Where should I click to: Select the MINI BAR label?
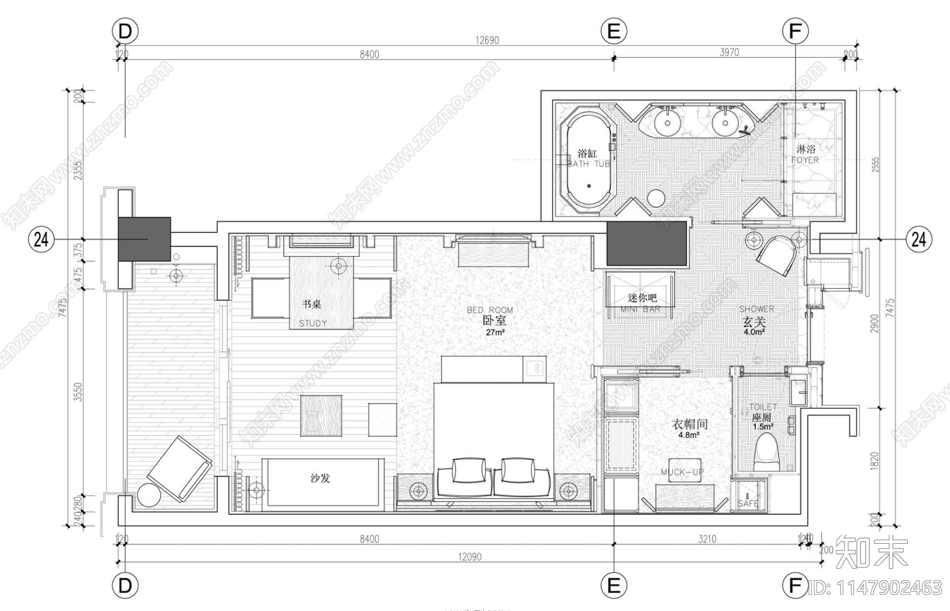pyautogui.click(x=641, y=303)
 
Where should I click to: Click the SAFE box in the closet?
pyautogui.click(x=749, y=496)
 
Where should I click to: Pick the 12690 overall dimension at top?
pyautogui.click(x=487, y=40)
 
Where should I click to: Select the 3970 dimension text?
pyautogui.click(x=729, y=52)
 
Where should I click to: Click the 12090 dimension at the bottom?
pyautogui.click(x=469, y=557)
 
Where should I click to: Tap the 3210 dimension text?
pyautogui.click(x=707, y=539)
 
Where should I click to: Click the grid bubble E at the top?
pyautogui.click(x=614, y=31)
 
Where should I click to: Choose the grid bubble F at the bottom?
pyautogui.click(x=795, y=586)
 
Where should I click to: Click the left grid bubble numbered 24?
pyautogui.click(x=41, y=240)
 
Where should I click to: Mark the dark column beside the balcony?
pyautogui.click(x=144, y=239)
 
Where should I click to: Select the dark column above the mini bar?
pyautogui.click(x=647, y=244)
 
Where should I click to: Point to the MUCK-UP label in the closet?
pyautogui.click(x=682, y=473)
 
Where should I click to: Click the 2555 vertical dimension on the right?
pyautogui.click(x=875, y=165)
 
